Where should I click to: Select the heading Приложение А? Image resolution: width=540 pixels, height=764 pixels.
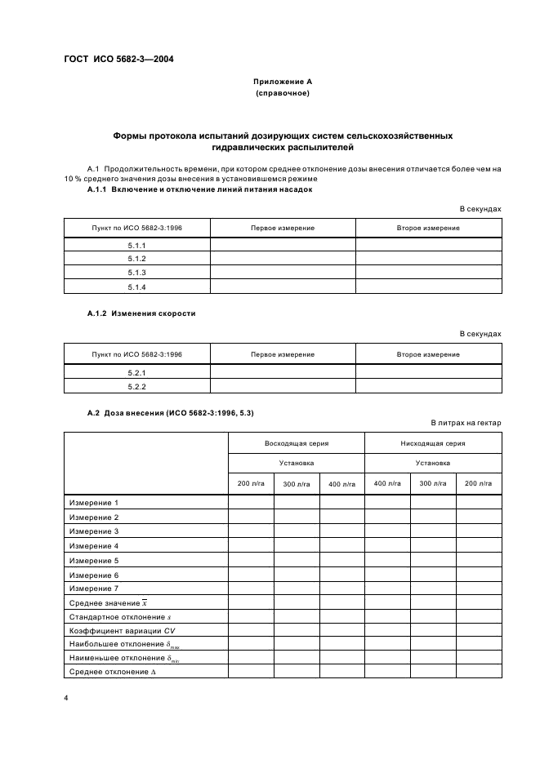(282, 82)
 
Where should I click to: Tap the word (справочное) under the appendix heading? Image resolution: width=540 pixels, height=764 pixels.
(282, 94)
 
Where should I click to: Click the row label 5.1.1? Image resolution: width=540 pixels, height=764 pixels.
(136, 245)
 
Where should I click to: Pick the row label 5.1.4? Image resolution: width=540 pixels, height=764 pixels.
(136, 286)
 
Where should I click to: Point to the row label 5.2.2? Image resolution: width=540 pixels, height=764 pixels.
(136, 385)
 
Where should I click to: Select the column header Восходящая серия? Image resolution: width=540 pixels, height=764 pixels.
(296, 443)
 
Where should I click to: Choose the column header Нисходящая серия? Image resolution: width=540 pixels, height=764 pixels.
(433, 443)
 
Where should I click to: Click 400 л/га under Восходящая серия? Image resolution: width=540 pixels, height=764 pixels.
(341, 484)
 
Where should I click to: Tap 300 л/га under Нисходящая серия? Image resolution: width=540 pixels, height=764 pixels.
(433, 484)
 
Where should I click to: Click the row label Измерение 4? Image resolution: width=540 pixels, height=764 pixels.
(94, 546)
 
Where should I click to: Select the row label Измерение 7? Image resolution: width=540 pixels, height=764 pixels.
(94, 589)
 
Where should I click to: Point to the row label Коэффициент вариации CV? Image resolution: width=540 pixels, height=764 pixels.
(123, 630)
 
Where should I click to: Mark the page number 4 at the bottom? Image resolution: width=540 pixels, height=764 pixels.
(65, 699)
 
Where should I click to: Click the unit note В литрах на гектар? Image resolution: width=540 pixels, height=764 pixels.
(466, 423)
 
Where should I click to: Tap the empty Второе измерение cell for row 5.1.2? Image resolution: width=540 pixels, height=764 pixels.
(428, 259)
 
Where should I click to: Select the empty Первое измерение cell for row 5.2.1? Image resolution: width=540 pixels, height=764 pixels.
(283, 371)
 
